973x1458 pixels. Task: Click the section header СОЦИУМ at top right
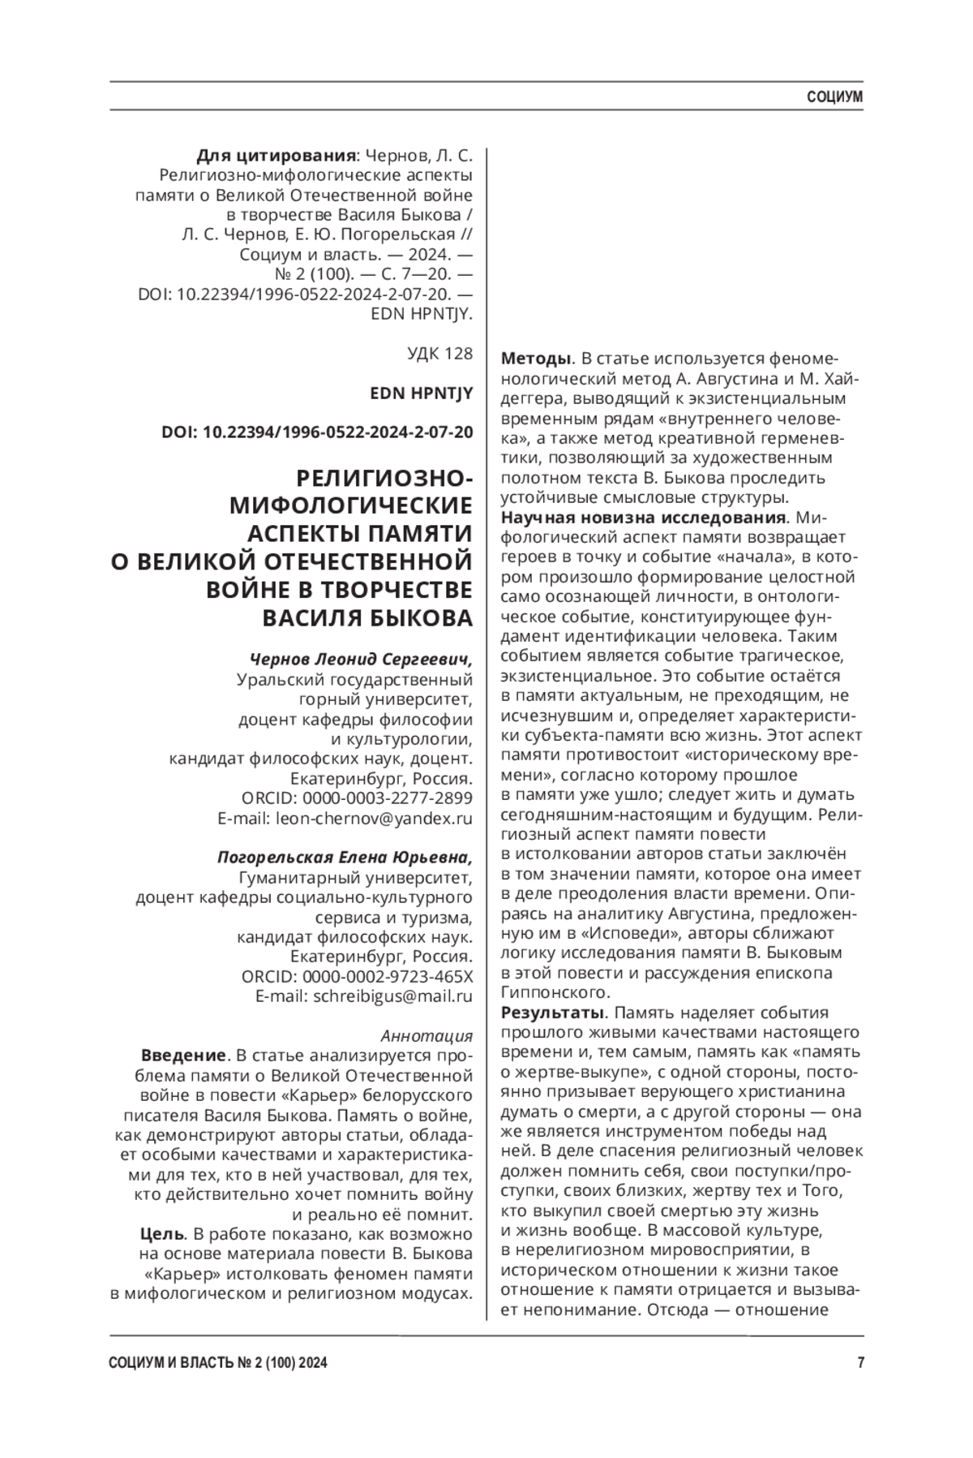834,97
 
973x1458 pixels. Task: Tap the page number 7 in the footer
859,1364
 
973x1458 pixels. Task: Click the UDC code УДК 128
439,354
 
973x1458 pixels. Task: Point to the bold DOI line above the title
317,432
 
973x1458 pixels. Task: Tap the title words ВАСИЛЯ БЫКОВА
366,617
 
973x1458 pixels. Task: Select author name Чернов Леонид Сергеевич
360,658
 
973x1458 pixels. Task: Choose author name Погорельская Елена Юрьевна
345,858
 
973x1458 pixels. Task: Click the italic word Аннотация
426,1036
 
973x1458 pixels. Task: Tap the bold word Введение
183,1056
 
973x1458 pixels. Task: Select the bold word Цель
162,1234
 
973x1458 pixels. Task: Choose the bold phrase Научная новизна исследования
643,518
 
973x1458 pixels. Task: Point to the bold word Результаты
554,1013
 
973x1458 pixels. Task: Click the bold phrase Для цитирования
276,156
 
